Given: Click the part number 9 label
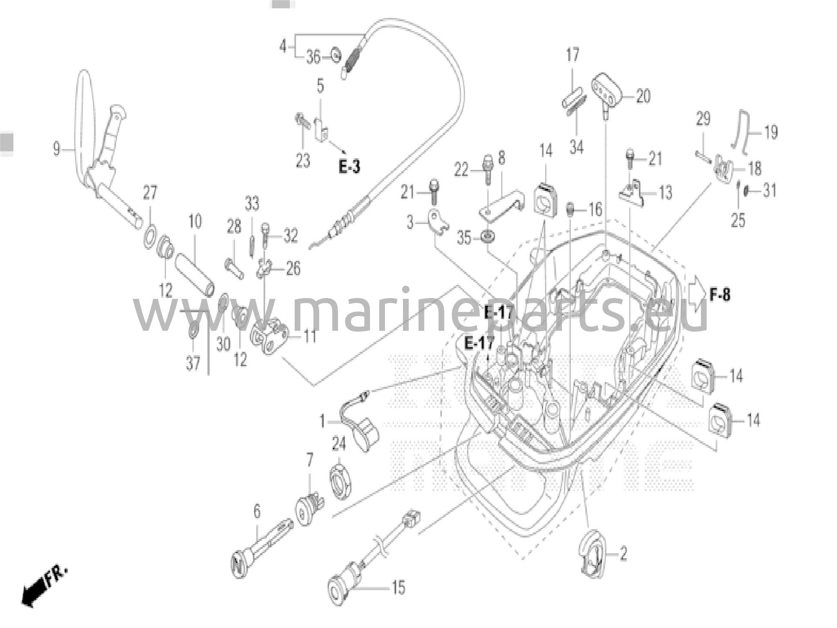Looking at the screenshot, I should (57, 149).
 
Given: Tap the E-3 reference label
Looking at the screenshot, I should (349, 167).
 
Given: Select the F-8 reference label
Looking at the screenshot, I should (719, 294).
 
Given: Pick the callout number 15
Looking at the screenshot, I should (398, 588).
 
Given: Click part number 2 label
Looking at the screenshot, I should (623, 554).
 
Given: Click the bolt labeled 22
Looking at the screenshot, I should (488, 168).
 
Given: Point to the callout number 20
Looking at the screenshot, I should (643, 96).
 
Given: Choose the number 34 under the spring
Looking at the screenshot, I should (576, 147).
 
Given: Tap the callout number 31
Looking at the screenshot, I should (770, 191).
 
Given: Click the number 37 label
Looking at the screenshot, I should (193, 363).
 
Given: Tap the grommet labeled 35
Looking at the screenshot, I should (488, 236).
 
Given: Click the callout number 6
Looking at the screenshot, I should (257, 511).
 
